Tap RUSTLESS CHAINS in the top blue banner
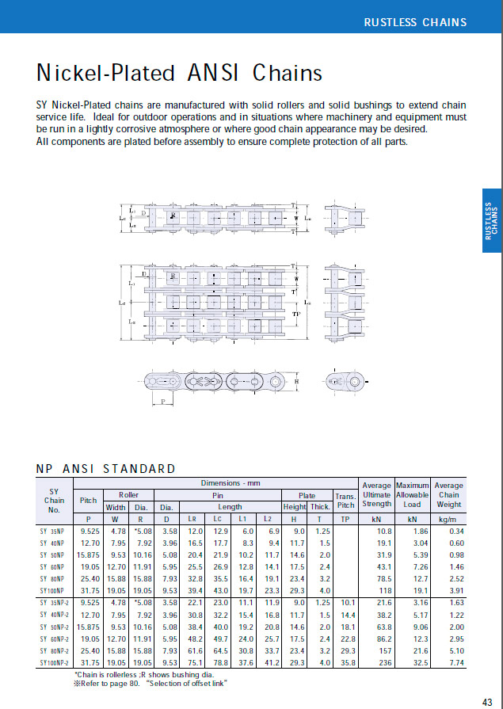[x=415, y=21]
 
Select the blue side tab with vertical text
[x=491, y=220]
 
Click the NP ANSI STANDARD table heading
[x=106, y=468]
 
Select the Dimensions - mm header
[x=231, y=482]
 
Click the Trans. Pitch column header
[x=345, y=500]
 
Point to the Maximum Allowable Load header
[x=412, y=494]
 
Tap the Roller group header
[x=128, y=494]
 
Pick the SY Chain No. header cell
[x=55, y=500]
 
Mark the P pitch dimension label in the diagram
[x=164, y=402]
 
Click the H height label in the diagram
[x=295, y=381]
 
